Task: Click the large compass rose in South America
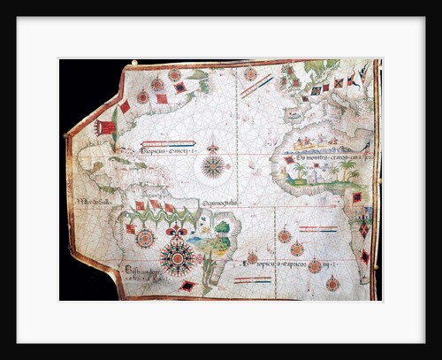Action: click(178, 257)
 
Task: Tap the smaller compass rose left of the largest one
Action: click(146, 238)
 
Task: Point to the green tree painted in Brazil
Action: click(221, 229)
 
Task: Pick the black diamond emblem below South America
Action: click(187, 286)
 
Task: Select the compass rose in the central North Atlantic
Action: click(212, 165)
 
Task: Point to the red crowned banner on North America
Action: click(107, 127)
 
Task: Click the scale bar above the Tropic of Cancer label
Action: click(168, 142)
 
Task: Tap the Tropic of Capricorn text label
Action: click(286, 264)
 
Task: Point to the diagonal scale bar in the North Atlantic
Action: click(256, 86)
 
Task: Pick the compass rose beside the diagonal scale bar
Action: click(251, 74)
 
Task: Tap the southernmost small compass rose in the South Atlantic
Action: click(332, 283)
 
